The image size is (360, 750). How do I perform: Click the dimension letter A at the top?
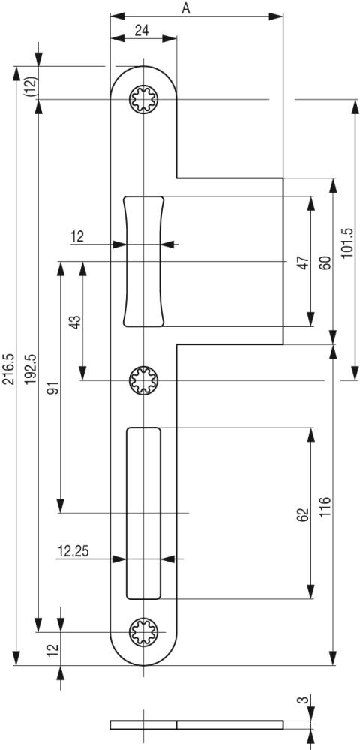point(186,7)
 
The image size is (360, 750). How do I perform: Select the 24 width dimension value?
point(141,30)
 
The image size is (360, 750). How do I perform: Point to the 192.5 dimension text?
point(31,369)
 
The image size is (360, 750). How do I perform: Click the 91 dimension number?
point(54,388)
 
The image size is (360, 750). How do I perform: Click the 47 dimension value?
point(302,262)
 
